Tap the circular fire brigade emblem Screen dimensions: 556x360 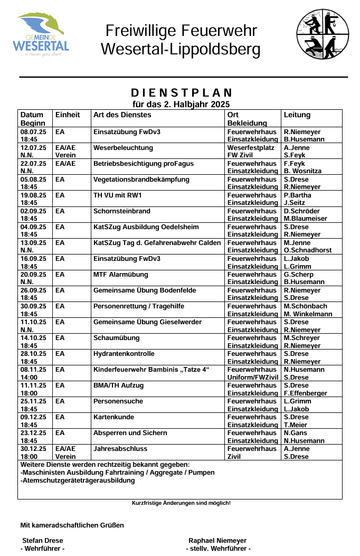point(323,34)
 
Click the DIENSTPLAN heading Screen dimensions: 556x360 point(181,93)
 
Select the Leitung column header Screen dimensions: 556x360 point(297,115)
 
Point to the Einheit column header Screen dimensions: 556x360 point(68,115)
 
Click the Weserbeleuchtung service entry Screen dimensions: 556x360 point(123,148)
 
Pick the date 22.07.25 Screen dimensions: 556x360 point(33,164)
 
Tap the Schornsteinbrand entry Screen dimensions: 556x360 point(122,211)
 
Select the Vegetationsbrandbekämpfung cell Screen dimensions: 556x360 point(141,180)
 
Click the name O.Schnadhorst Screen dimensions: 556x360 point(308,250)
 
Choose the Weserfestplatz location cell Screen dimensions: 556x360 point(251,148)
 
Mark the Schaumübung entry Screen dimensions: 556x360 point(117,338)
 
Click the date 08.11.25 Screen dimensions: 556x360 point(33,370)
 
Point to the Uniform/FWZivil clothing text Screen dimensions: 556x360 point(252,377)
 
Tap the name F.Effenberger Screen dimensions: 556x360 point(305,393)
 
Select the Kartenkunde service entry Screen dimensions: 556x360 point(113,417)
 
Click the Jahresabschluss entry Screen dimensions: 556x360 point(120,449)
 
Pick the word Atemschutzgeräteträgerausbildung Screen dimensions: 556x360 point(78,480)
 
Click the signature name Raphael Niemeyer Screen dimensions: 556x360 point(217,541)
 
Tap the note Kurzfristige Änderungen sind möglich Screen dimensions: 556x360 point(181,503)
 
